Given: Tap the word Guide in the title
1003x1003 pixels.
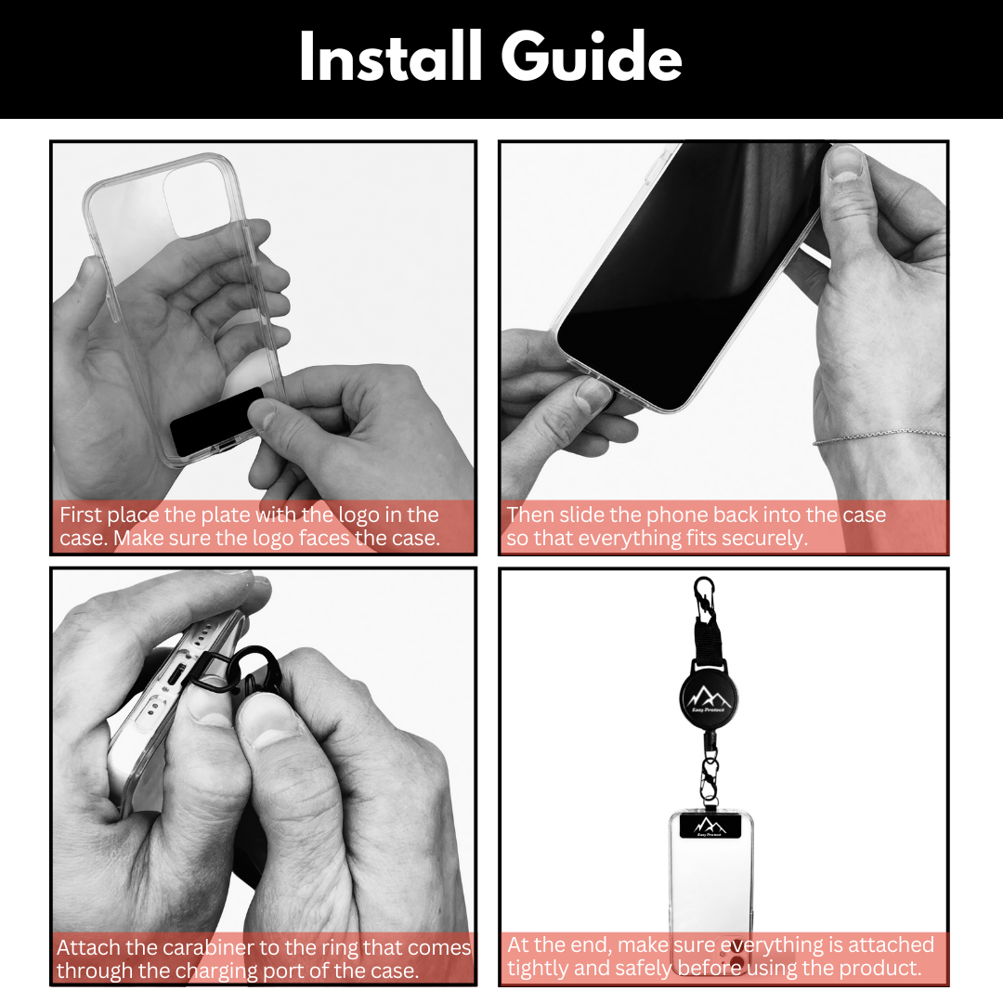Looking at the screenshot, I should click(593, 59).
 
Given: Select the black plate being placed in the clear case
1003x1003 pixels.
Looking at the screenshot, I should click(216, 423).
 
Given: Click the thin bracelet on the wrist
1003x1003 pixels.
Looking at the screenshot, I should click(879, 436).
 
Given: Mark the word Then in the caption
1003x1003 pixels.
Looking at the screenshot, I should click(530, 515).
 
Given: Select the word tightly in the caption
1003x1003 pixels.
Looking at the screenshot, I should click(542, 968).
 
